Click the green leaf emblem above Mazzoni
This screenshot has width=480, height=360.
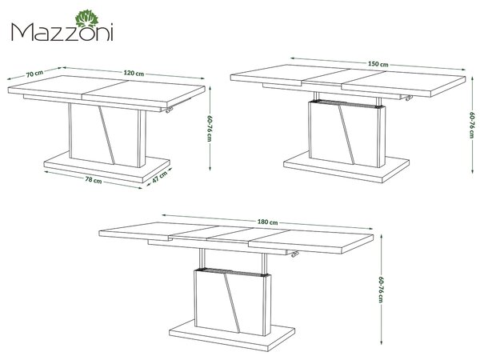(x=87, y=18)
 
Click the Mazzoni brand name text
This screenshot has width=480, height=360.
(x=62, y=33)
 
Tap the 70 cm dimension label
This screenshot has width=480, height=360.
(x=34, y=74)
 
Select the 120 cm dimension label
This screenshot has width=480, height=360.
(x=134, y=73)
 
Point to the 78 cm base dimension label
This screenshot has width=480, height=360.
(x=94, y=180)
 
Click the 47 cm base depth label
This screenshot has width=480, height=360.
(x=159, y=177)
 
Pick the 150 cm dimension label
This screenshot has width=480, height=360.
(x=378, y=64)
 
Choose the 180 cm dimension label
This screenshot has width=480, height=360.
(x=267, y=222)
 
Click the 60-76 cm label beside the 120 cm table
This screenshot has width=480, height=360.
(x=210, y=128)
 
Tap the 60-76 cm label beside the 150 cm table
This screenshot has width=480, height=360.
(x=472, y=125)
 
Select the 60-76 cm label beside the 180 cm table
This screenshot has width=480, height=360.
(x=381, y=290)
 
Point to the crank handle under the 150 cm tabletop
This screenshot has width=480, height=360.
(x=408, y=98)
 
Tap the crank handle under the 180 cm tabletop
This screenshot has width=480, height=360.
(x=294, y=254)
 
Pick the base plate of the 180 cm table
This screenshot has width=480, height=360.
(x=232, y=336)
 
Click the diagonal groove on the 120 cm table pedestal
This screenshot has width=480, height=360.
(x=106, y=136)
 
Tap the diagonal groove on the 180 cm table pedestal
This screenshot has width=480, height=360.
(x=232, y=304)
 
